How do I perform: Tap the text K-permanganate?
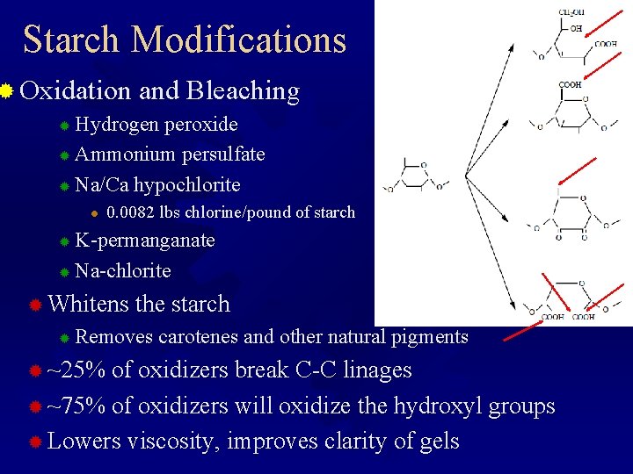tap(145, 241)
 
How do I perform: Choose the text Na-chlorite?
tap(123, 270)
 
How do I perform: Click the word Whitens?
tap(87, 305)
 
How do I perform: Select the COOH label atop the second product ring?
tap(570, 86)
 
